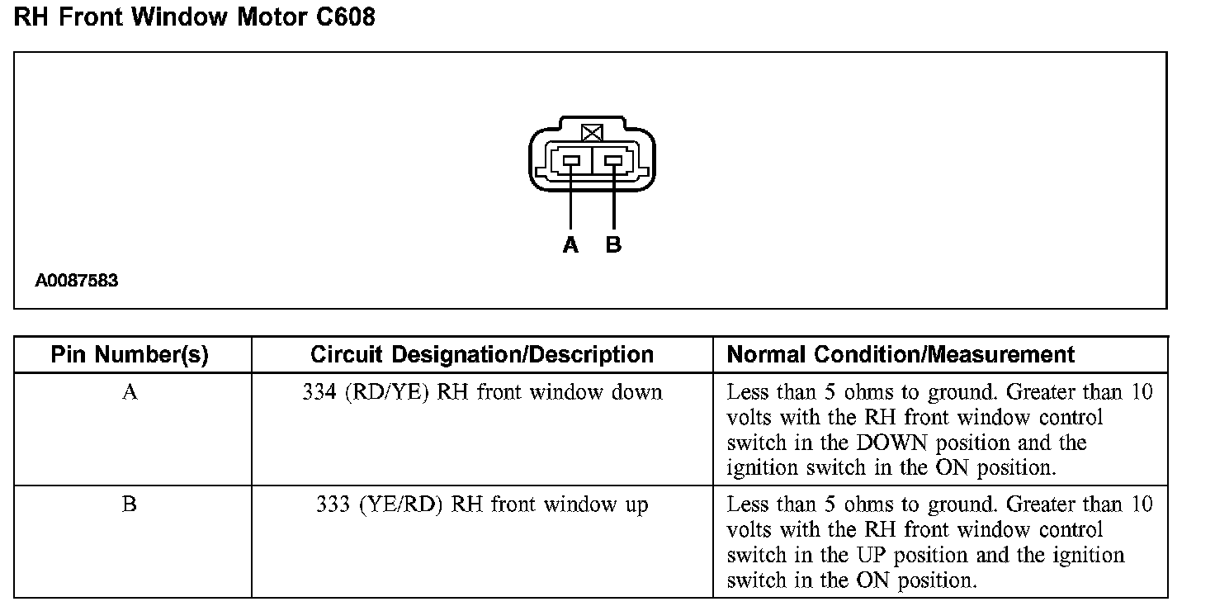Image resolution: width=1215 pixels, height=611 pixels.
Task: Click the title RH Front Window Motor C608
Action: point(195,17)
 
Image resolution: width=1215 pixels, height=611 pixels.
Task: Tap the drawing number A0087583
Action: point(77,281)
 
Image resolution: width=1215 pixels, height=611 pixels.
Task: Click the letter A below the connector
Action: point(570,245)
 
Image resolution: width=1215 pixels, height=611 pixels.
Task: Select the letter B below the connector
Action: point(613,245)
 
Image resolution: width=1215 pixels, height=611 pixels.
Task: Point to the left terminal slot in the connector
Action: point(571,162)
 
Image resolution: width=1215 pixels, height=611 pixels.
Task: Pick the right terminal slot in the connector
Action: point(613,162)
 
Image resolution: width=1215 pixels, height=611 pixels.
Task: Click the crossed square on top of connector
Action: point(592,132)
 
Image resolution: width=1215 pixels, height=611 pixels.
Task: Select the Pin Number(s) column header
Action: point(130,355)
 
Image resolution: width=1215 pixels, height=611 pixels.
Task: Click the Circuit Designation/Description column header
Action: point(482,355)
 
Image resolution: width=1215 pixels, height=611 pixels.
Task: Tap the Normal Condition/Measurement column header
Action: point(901,355)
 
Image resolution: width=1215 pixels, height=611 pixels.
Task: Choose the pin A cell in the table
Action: point(130,391)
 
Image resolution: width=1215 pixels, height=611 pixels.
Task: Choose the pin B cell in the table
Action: point(130,504)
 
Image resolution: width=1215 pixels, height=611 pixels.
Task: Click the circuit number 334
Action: point(319,391)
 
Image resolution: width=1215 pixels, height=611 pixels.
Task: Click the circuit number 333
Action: point(332,504)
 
